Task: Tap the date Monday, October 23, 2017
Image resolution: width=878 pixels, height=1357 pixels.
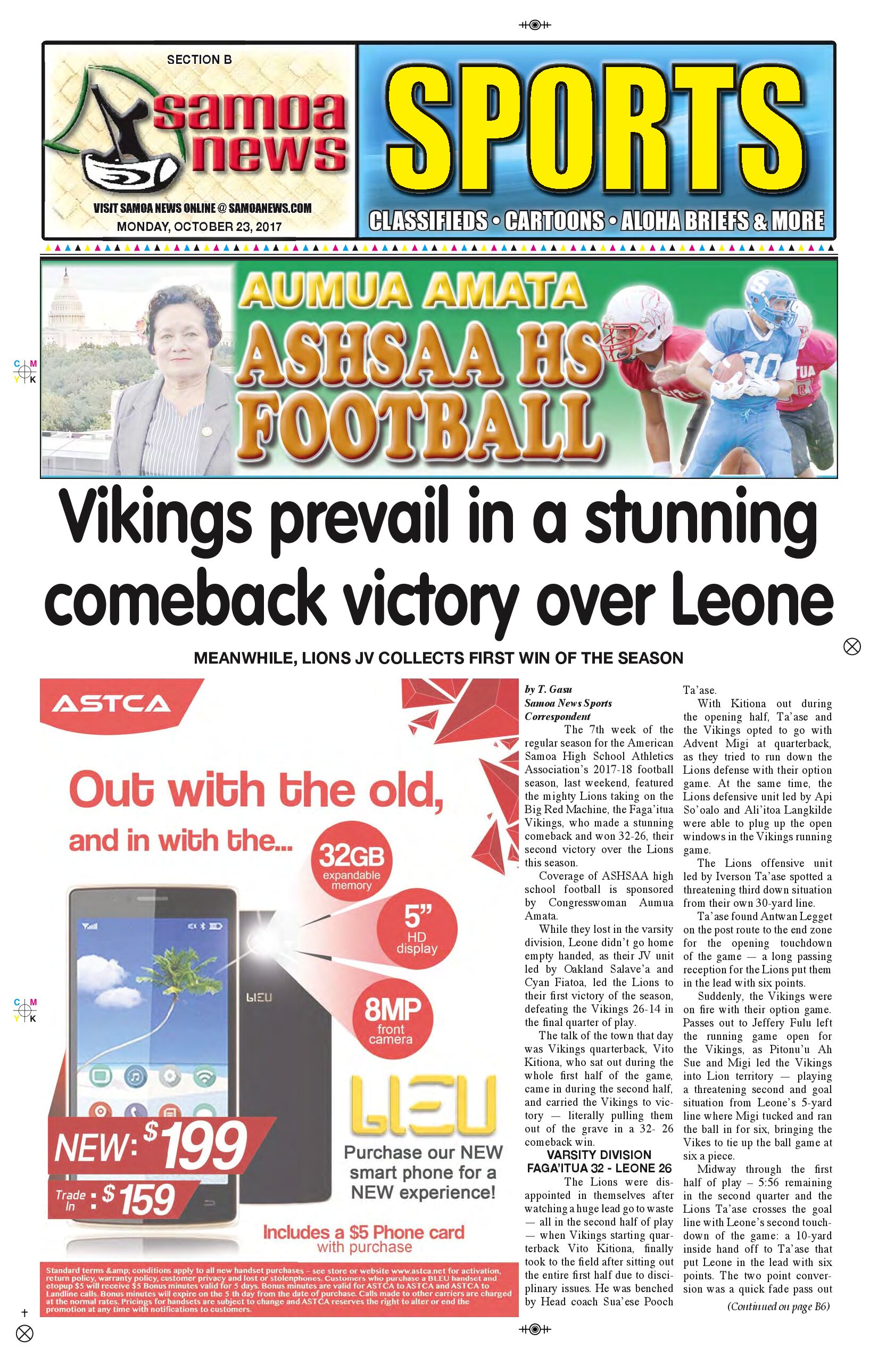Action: [x=199, y=226]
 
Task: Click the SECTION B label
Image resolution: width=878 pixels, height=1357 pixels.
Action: [x=199, y=59]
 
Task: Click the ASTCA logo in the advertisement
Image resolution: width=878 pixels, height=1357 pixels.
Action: [x=112, y=704]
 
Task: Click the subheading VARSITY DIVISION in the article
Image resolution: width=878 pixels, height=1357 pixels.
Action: [x=599, y=1155]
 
